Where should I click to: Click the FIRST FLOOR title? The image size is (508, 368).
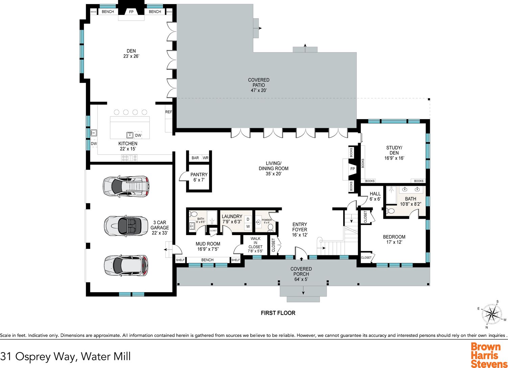coord(278,313)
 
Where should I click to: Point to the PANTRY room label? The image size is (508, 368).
coord(199,175)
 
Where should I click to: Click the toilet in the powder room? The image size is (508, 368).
coord(270,227)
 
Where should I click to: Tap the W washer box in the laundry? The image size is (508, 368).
coord(248,226)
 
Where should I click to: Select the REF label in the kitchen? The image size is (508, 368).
coord(168,112)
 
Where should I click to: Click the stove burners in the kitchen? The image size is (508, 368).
coord(129,158)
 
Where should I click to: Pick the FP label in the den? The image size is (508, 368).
coord(131,12)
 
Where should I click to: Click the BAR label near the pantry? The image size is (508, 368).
coord(195,158)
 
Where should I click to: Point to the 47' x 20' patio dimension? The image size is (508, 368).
coord(258,90)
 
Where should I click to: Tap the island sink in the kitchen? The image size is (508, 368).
coord(130,135)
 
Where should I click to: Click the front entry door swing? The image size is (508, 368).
coord(301,252)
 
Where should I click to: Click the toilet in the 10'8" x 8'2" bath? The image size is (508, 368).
coord(390,211)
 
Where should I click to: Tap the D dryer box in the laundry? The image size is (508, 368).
coord(248,219)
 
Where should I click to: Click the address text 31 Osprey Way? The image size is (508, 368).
coord(38,356)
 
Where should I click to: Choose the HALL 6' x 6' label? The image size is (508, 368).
coord(375,197)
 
